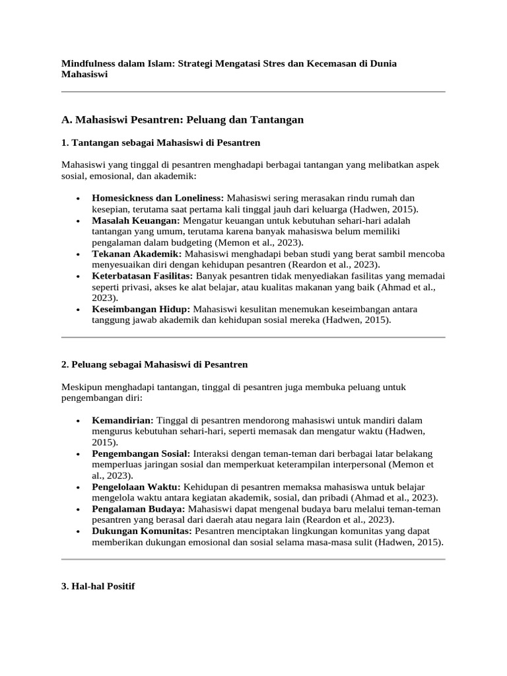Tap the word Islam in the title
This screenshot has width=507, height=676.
[x=162, y=63]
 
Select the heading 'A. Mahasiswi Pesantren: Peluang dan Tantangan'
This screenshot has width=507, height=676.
[x=182, y=119]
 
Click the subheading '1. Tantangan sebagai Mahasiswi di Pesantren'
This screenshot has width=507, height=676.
[x=160, y=142]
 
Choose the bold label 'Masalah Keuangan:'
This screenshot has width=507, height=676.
[x=136, y=220]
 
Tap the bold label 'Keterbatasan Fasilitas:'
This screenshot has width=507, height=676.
[x=143, y=276]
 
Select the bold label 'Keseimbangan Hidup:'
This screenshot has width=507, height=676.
[x=141, y=309]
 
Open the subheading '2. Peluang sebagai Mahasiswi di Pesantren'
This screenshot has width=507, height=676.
[x=154, y=364]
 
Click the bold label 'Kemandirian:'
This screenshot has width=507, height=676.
[x=123, y=420]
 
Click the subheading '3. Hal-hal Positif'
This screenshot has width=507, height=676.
[x=98, y=586]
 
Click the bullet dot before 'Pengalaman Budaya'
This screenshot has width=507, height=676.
[x=79, y=510]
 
